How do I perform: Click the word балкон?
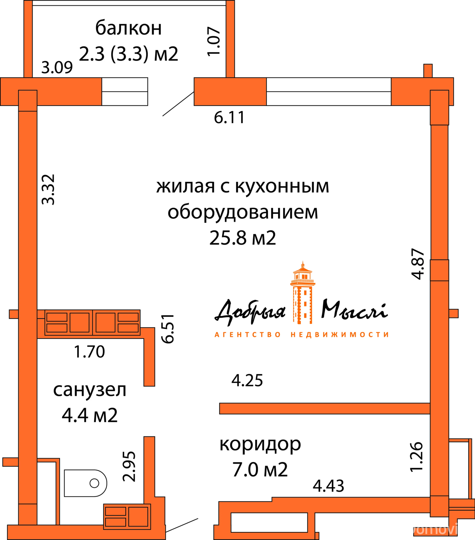[x=128, y=28]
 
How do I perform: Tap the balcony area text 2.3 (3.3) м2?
[x=128, y=54]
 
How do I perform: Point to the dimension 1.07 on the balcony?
[x=214, y=42]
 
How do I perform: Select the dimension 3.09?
[x=57, y=68]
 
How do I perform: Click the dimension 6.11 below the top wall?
[x=229, y=118]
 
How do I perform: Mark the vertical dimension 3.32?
[x=48, y=189]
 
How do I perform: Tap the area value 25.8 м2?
[x=243, y=238]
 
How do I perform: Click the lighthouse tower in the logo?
[x=302, y=294]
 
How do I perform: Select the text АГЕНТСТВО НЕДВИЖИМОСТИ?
[x=302, y=335]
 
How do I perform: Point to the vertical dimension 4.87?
[x=418, y=264]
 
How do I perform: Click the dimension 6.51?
[x=168, y=329]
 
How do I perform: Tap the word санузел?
[x=90, y=390]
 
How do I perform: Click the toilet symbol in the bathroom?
[x=85, y=483]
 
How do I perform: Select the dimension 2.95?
[x=129, y=466]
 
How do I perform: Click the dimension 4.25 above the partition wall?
[x=247, y=381]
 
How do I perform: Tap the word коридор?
[x=260, y=444]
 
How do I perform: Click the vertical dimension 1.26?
[x=417, y=457]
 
